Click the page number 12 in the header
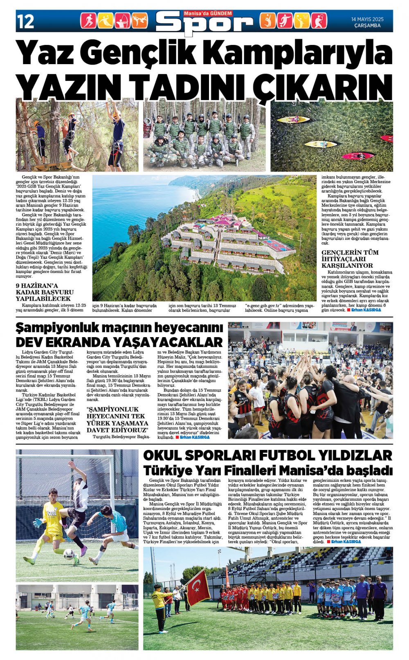click(26, 21)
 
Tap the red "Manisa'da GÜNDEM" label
click(208, 14)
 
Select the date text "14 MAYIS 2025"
click(367, 19)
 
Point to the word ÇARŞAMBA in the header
click(367, 26)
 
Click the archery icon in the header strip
click(122, 21)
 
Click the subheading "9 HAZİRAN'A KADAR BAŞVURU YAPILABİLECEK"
click(45, 292)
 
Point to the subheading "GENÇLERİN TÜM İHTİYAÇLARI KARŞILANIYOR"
click(350, 259)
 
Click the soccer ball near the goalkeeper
click(69, 553)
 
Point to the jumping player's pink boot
click(83, 551)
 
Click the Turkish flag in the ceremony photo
click(198, 588)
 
